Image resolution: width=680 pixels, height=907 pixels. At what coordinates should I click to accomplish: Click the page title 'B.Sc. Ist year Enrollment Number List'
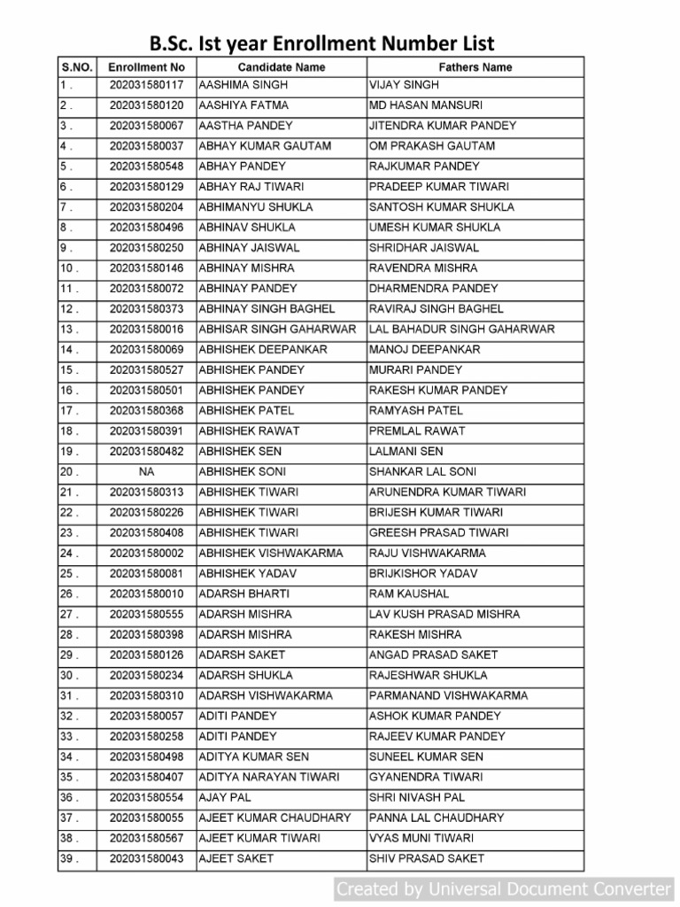[x=321, y=43]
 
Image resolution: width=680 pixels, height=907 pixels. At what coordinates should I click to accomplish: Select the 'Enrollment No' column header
[x=146, y=67]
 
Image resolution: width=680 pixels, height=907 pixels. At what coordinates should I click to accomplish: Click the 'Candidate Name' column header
[x=282, y=67]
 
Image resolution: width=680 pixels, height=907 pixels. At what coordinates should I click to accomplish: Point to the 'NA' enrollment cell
[x=146, y=472]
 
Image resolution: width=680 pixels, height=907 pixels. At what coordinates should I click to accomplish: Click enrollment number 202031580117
[x=146, y=85]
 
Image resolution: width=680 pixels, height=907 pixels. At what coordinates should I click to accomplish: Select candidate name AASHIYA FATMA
[x=243, y=105]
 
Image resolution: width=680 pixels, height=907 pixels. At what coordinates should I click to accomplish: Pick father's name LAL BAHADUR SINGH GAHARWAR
[x=462, y=329]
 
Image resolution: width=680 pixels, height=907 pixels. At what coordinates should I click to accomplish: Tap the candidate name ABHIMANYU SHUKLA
[x=256, y=207]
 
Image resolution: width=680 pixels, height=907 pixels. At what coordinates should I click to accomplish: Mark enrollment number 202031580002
[x=146, y=554]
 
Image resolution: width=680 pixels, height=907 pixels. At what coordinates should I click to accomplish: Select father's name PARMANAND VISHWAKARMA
[x=448, y=696]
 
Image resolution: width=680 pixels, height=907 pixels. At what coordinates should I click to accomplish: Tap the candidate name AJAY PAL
[x=225, y=798]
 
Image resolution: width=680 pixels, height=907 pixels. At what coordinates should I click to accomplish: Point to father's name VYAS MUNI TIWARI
[x=421, y=839]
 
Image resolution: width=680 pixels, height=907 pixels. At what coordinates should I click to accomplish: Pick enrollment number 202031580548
[x=146, y=167]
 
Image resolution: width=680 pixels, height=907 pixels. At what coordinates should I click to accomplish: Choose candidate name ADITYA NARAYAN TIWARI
[x=269, y=778]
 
